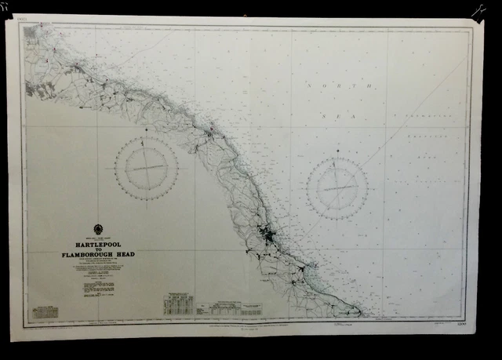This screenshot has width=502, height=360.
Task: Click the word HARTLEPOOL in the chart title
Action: (x=98, y=245)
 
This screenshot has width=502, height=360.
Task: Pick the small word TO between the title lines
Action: (x=98, y=250)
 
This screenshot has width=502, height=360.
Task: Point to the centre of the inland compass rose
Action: (x=146, y=169)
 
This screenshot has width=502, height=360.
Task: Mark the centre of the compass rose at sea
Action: (x=337, y=188)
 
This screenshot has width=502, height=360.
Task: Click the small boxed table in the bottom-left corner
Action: (x=47, y=312)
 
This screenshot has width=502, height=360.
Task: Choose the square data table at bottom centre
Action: (x=178, y=303)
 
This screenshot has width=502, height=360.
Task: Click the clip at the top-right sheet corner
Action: (x=478, y=11)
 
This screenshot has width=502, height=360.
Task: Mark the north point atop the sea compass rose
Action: (x=337, y=158)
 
